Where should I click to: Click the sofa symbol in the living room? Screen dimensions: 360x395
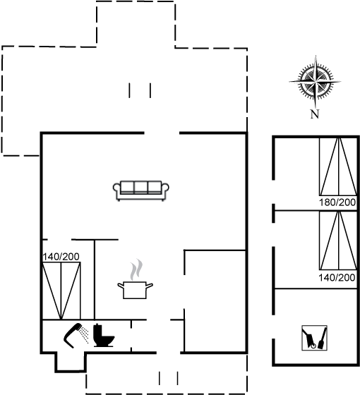coord(141,190)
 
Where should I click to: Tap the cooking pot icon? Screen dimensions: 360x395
coord(135,290)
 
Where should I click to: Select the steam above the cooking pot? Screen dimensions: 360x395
coord(136,269)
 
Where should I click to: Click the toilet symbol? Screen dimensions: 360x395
coord(104,336)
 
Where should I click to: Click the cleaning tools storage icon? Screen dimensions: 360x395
coord(314,338)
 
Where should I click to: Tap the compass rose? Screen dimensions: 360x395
coord(315,82)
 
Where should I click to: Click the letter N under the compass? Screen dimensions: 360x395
coord(315,114)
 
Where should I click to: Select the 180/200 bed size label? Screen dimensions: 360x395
coord(337,202)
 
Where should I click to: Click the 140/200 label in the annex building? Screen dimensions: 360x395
coord(337,278)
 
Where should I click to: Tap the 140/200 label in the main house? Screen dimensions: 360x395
coord(61,257)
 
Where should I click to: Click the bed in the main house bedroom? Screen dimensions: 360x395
coord(61,291)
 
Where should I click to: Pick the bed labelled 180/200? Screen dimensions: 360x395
coord(338,166)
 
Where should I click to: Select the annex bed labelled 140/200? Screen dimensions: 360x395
coord(338,241)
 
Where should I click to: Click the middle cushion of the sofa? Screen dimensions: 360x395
coord(141,187)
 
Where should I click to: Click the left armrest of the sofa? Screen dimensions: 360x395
coord(116,191)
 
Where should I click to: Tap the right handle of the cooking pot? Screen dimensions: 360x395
coord(150,286)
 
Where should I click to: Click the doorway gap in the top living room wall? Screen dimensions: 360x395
coord(162,133)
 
